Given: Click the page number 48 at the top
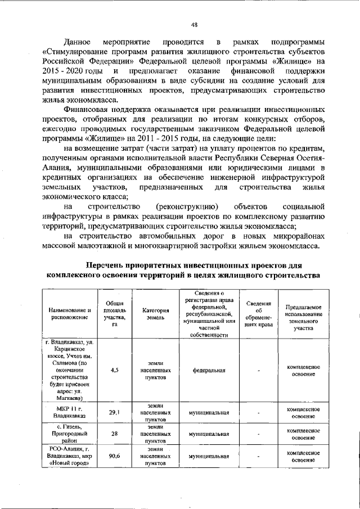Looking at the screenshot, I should tap(194, 24).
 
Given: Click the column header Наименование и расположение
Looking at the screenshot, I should tap(69, 313).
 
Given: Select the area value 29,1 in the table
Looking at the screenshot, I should tap(114, 412).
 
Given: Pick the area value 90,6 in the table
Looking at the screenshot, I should tap(114, 456).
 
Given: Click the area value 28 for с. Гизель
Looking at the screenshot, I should tap(114, 434).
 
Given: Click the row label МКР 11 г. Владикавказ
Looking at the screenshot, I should tap(69, 412).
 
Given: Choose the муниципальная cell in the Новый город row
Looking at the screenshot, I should tap(209, 456).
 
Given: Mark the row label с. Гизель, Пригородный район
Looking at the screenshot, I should tap(69, 434).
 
